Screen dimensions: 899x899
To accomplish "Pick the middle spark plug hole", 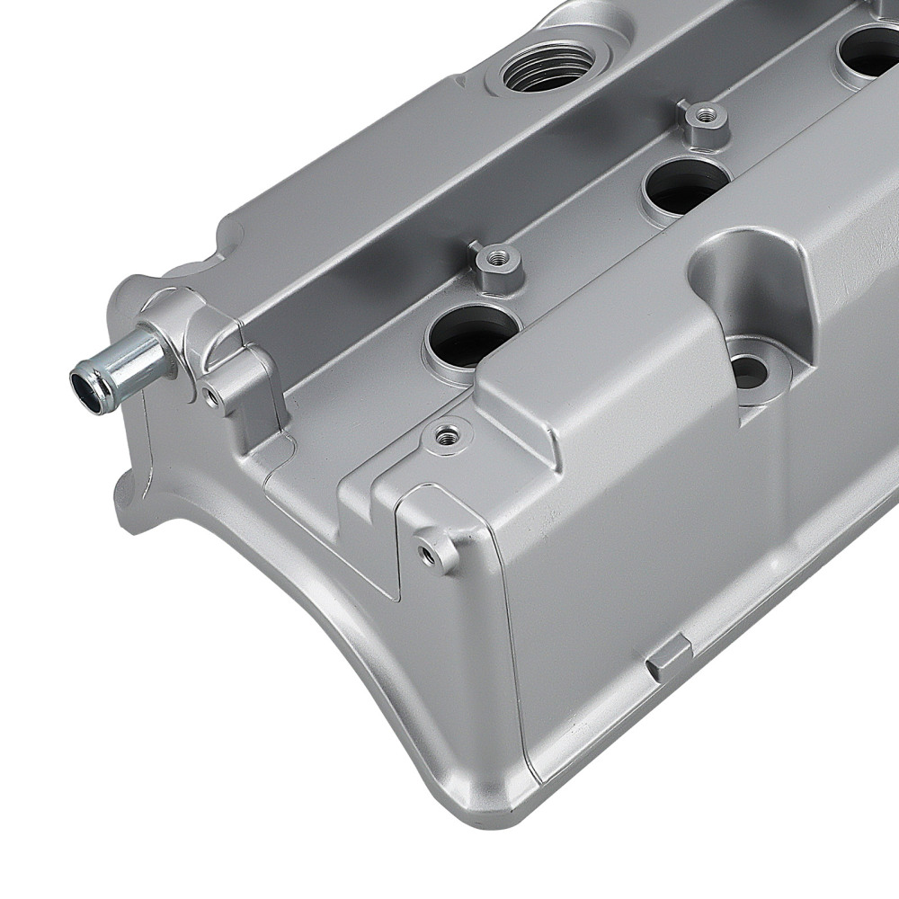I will (686, 185).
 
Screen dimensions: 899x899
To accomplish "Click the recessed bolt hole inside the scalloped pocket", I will (749, 369).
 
